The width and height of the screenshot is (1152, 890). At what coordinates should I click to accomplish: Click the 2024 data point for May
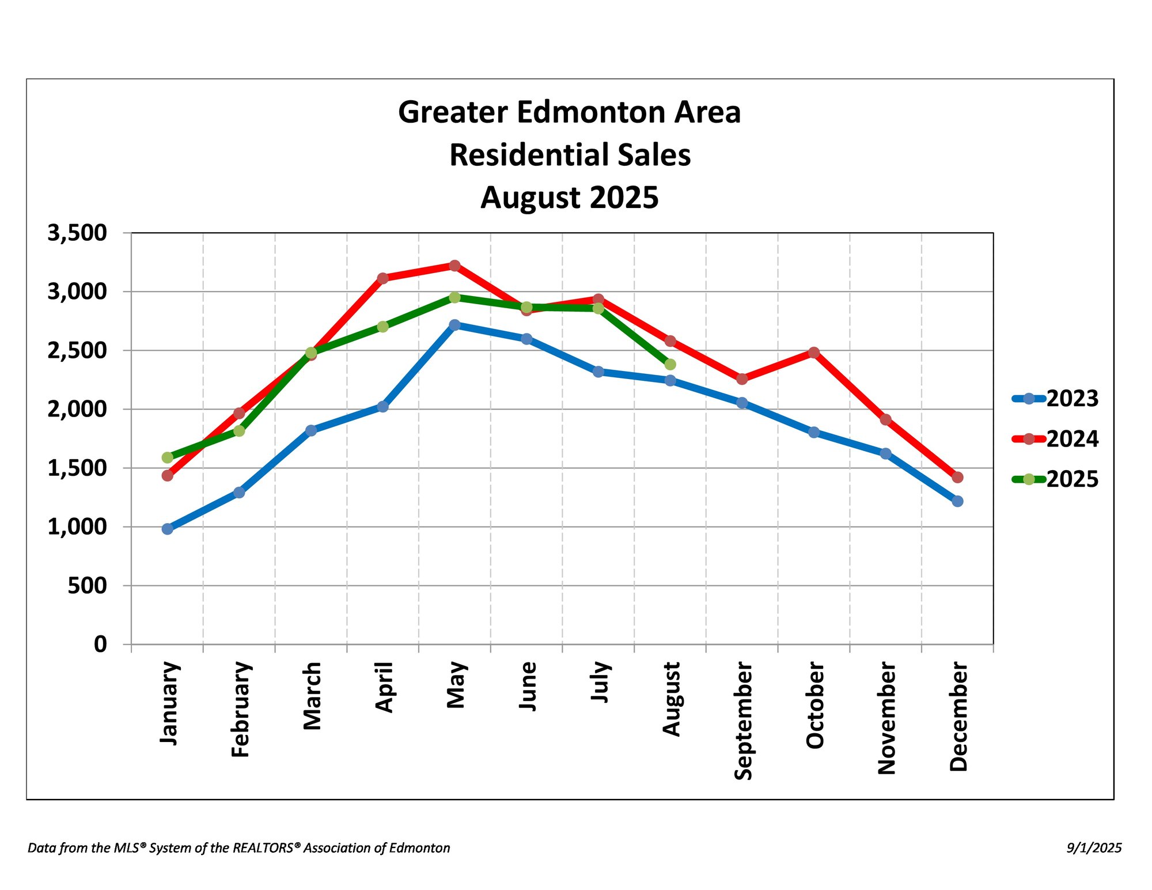pos(454,266)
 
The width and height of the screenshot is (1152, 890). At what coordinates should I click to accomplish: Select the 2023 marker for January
pos(168,529)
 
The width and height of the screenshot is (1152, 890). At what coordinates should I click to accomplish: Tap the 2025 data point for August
pos(670,365)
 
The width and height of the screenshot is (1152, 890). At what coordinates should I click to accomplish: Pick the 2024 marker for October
pos(814,353)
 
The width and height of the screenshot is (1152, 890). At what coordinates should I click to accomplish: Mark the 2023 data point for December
pos(957,501)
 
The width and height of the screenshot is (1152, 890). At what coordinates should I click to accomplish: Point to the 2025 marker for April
pos(382,327)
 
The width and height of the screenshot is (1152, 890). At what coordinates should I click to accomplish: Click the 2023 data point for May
pos(454,325)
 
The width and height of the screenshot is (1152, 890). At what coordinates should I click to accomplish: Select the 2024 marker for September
pos(742,378)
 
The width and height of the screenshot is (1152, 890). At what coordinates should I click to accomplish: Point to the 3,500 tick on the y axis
pos(77,233)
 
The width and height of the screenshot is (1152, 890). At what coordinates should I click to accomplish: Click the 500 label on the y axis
pos(88,586)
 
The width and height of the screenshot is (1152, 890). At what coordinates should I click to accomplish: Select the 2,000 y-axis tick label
pos(77,410)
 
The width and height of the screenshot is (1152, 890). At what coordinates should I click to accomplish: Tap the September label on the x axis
pos(743,721)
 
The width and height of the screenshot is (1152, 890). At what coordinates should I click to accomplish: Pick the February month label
pos(240,709)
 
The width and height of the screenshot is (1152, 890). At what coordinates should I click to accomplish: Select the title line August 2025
pos(569,198)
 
